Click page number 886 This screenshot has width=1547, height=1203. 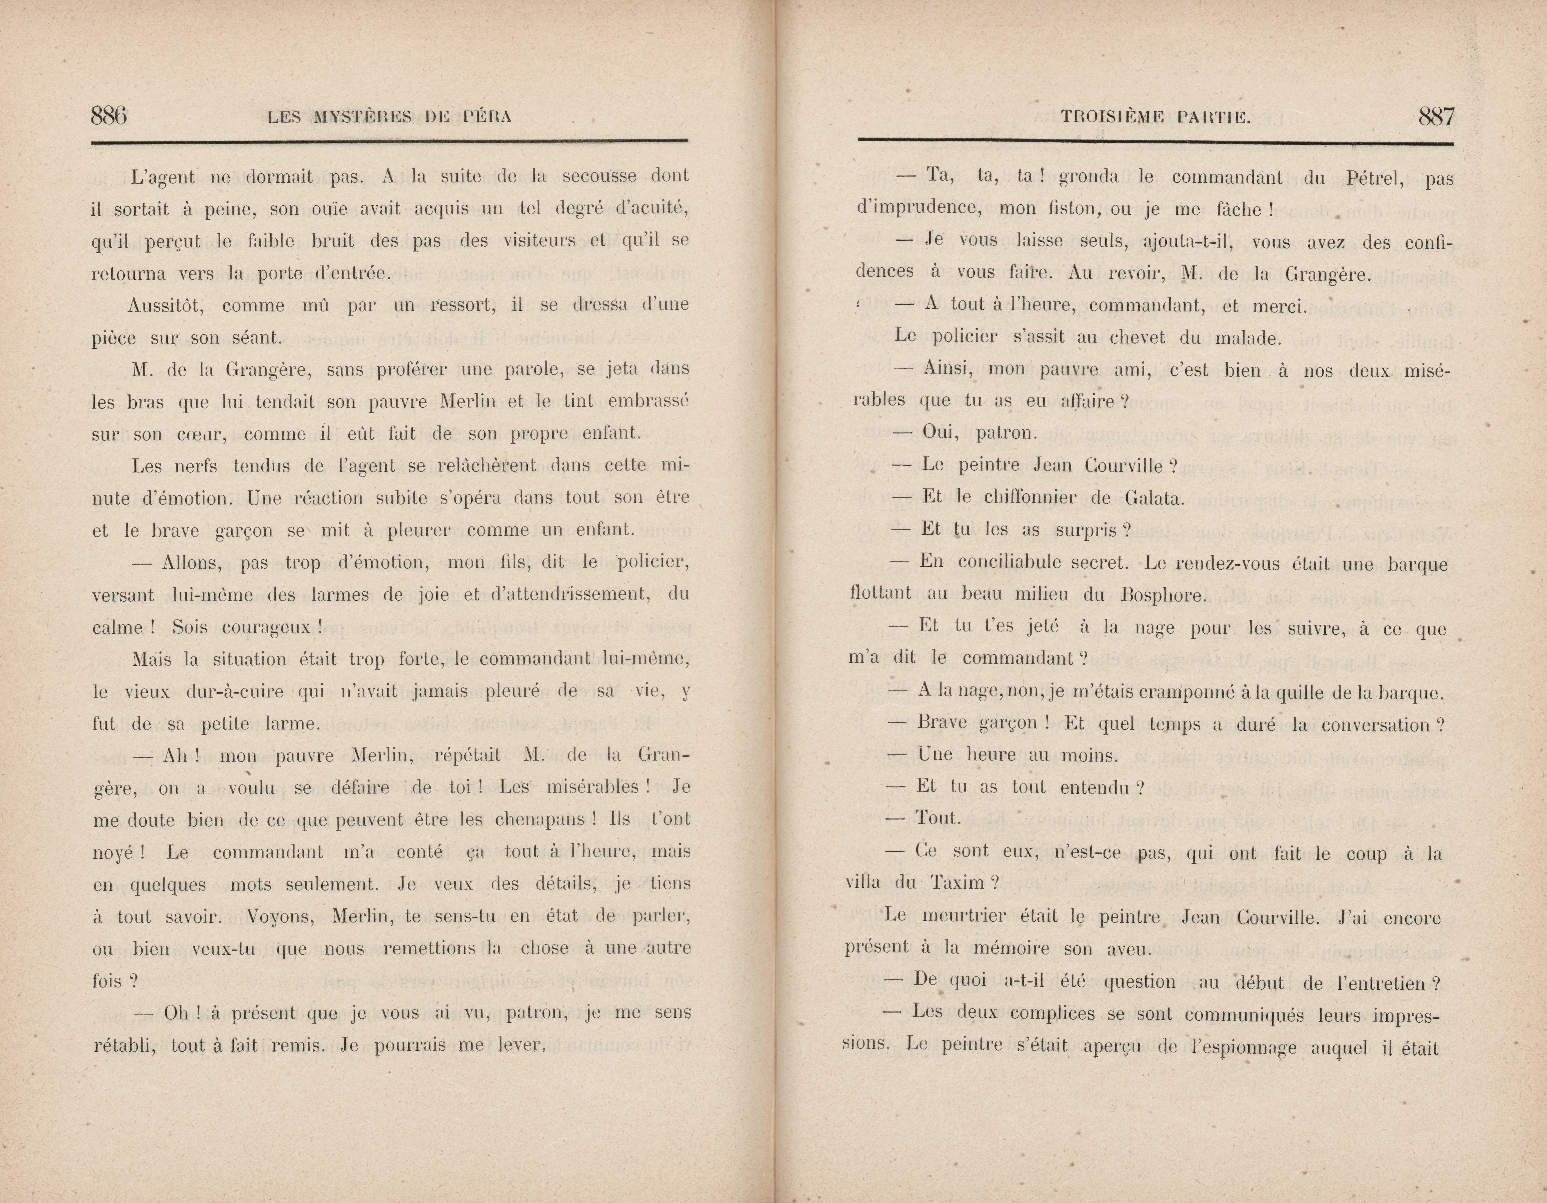coord(109,115)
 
